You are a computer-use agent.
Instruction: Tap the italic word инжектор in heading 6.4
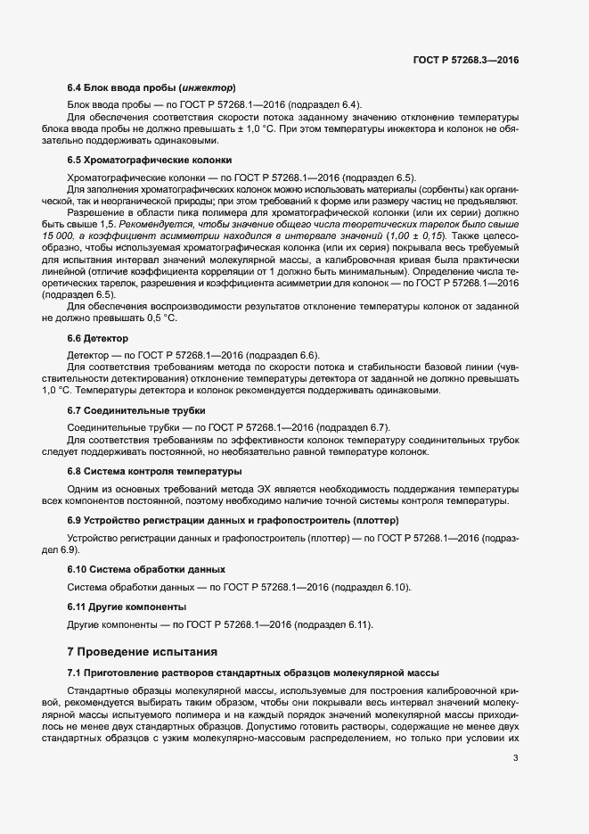(208, 87)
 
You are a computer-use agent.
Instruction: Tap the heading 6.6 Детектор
(98, 339)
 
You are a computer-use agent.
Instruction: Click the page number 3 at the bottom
(516, 759)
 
